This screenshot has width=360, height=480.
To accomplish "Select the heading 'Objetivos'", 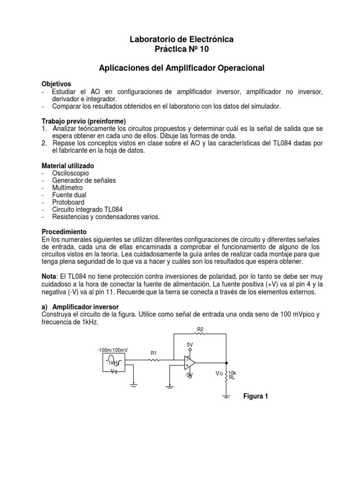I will pos(58,83).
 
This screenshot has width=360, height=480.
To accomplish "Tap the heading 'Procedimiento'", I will pos(64,232).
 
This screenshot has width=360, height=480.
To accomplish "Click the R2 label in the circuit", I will pos(200,330).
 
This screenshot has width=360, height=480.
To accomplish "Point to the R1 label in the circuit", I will pos(154,352).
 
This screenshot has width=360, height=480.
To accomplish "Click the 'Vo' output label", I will pos(219,374).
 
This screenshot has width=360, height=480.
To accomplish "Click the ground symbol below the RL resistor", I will pos(226,396).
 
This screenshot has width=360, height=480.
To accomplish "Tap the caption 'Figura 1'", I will pos(255,396).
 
